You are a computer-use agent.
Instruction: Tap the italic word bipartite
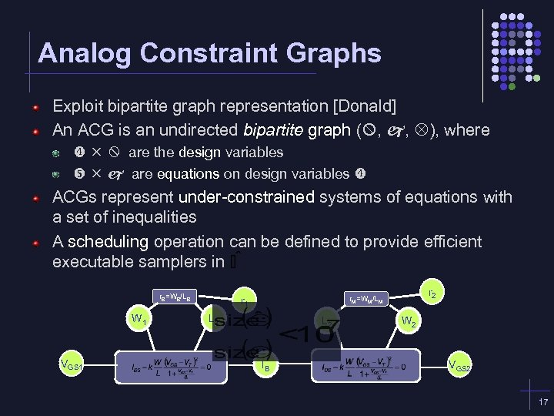(x=273, y=129)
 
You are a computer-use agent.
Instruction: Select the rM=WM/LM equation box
(x=367, y=297)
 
